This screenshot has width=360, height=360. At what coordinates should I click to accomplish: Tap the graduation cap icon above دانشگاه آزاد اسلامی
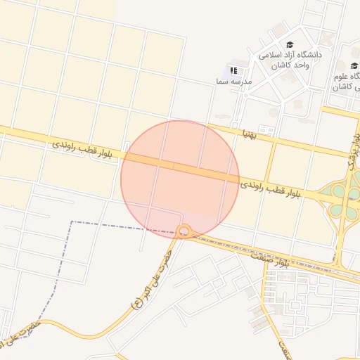[290, 45]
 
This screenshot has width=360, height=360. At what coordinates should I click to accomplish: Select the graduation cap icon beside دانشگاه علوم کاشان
[354, 66]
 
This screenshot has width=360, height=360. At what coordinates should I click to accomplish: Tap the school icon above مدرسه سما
[233, 70]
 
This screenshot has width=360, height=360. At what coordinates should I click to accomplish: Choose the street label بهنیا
[251, 132]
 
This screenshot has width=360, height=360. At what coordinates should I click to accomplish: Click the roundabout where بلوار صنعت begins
[185, 231]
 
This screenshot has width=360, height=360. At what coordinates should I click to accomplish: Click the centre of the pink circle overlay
[180, 179]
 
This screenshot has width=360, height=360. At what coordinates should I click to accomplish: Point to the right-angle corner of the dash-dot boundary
[71, 222]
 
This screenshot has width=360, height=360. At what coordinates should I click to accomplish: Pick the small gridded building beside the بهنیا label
[266, 129]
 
